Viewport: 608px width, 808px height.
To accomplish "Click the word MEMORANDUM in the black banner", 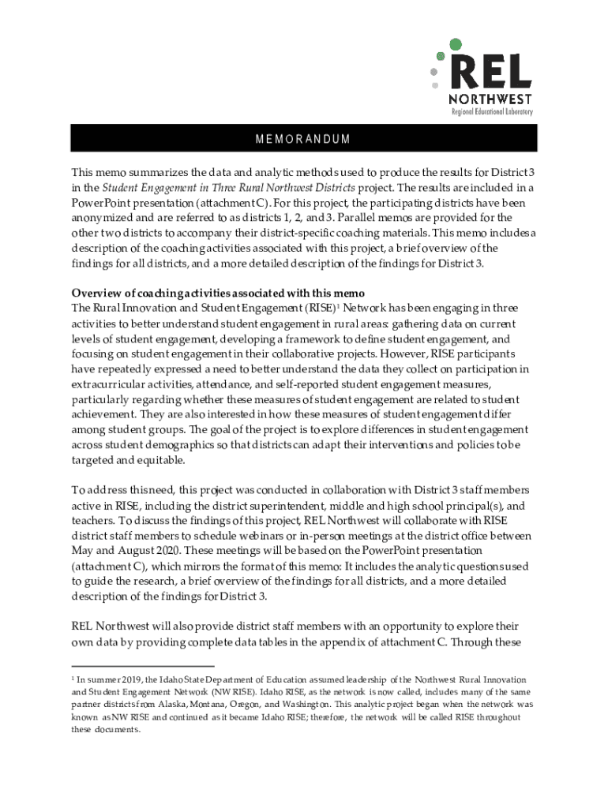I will (x=303, y=140).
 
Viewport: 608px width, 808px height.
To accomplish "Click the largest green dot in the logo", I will (x=454, y=45).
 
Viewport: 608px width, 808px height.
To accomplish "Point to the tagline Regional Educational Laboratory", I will (x=491, y=112).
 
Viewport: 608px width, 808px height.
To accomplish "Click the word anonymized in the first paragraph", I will (x=102, y=217).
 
